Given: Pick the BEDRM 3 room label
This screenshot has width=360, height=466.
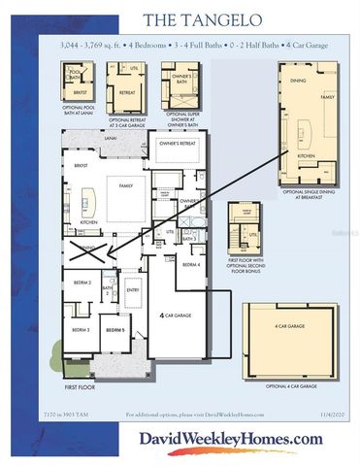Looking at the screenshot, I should (80, 330).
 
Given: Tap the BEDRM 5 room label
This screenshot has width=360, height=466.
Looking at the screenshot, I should (115, 330).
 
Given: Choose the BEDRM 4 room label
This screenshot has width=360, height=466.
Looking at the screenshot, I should (192, 263).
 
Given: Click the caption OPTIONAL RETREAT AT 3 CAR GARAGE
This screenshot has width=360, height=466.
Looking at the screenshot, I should (125, 123).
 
